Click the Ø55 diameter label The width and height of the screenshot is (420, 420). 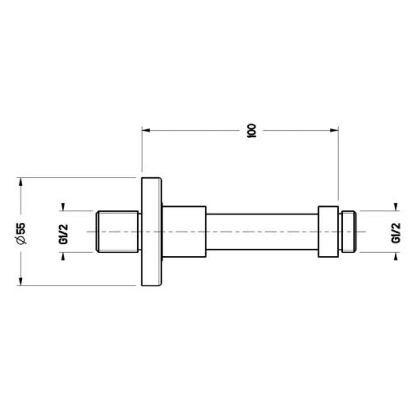21,232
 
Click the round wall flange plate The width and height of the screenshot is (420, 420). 152,232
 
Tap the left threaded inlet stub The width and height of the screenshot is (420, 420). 117,232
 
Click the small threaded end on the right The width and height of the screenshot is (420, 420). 349,232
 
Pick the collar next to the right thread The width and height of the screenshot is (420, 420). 328,232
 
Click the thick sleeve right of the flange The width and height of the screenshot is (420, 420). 184,232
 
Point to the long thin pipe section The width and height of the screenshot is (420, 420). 262,232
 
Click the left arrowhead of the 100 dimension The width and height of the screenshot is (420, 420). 145,130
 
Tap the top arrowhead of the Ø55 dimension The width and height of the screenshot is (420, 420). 20,181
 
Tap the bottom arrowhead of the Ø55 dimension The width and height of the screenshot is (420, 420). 20,282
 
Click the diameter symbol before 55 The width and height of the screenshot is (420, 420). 21,241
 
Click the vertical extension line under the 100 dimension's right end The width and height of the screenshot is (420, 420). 338,168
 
